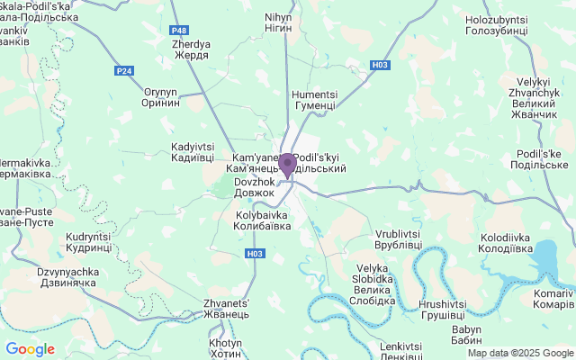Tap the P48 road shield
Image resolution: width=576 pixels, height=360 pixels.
[179, 31]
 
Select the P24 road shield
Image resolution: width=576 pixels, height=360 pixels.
[124, 70]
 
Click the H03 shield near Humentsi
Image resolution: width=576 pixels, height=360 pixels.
[382, 65]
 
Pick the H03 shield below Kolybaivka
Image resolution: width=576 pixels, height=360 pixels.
[256, 254]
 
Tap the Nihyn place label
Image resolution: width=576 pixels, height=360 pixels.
[279, 23]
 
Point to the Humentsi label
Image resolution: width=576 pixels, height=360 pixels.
[314, 100]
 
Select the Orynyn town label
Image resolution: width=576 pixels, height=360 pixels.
[162, 97]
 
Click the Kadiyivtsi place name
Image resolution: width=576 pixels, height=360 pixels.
[193, 152]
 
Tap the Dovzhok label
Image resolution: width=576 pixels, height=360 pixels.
[254, 186]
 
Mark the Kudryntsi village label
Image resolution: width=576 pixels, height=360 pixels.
[88, 241]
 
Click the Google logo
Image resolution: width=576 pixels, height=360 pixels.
[30, 349]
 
